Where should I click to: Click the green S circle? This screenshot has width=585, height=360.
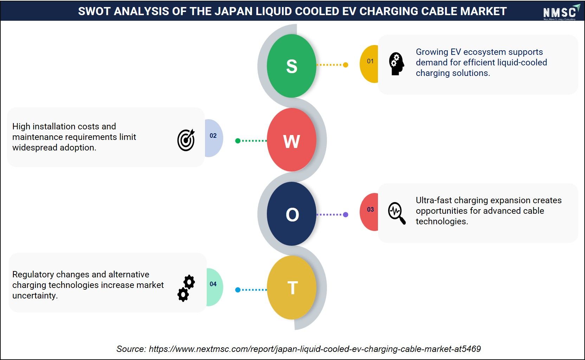point(291,66)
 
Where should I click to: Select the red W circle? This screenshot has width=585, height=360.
point(291,140)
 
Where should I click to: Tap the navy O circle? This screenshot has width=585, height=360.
point(291,214)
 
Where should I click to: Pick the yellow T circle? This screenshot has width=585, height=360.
point(291,287)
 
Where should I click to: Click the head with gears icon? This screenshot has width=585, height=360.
point(397,64)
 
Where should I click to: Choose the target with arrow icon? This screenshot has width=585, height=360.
point(186,140)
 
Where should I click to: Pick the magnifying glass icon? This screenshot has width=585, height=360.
point(397,213)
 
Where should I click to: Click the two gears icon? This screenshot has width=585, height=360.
point(186,288)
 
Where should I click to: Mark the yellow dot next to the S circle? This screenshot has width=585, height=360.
point(346,65)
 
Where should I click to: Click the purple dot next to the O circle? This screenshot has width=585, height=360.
point(346,214)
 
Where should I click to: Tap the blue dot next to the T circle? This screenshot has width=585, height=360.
point(238,290)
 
